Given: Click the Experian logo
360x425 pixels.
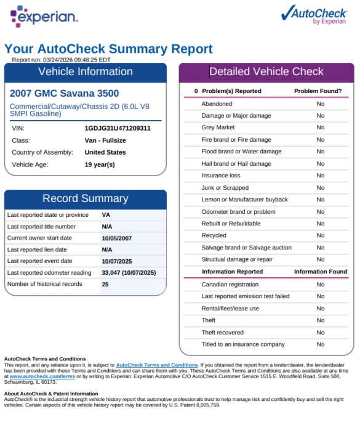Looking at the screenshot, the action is (x=44, y=16).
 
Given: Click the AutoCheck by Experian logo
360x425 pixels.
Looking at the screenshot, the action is (x=314, y=15).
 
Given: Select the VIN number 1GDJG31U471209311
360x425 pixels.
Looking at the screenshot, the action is (x=118, y=128).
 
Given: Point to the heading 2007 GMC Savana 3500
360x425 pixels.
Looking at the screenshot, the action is (x=64, y=93).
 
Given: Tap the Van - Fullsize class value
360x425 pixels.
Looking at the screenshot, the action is (x=105, y=140).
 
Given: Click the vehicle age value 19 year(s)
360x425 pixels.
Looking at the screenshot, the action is (x=100, y=164).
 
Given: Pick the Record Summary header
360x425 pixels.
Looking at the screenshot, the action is (x=86, y=198).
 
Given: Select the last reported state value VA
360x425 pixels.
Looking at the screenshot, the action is (x=106, y=215).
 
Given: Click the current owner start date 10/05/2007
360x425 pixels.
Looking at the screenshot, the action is (x=117, y=238).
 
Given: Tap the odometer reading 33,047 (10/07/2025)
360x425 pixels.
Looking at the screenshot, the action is (x=129, y=273).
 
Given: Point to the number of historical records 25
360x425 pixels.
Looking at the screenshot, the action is (x=105, y=285).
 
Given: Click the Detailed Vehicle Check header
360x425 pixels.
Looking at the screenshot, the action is (x=266, y=71).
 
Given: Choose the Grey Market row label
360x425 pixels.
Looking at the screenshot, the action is (x=218, y=127).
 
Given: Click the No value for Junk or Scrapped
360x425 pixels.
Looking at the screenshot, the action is (x=321, y=188).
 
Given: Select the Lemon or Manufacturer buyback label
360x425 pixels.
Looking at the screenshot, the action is (x=244, y=200).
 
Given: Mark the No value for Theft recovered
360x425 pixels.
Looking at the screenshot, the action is (x=321, y=333).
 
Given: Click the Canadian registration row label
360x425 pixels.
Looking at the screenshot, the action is (x=230, y=285).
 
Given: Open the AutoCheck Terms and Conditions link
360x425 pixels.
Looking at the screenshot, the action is (x=157, y=365).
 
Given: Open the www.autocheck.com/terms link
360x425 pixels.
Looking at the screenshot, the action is (x=42, y=376).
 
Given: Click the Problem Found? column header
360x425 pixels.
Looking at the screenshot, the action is (x=318, y=91).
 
